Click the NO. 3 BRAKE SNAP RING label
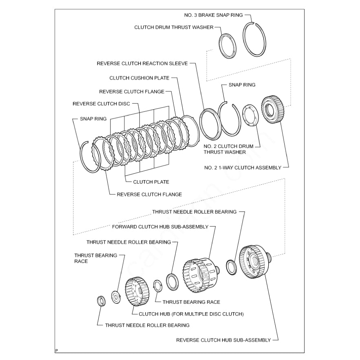pos(213,15)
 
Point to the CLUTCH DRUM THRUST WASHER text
pos(174,27)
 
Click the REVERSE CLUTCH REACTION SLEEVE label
pos(142,63)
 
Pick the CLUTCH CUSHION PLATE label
pos(139,78)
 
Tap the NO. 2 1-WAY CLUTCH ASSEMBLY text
pos(243,168)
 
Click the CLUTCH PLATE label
pos(151,182)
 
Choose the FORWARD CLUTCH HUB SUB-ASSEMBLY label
pos(160,226)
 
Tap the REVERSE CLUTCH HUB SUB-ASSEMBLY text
pos(223,340)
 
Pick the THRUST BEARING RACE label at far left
pos(90,258)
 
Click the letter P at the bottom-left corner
pos(56,350)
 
